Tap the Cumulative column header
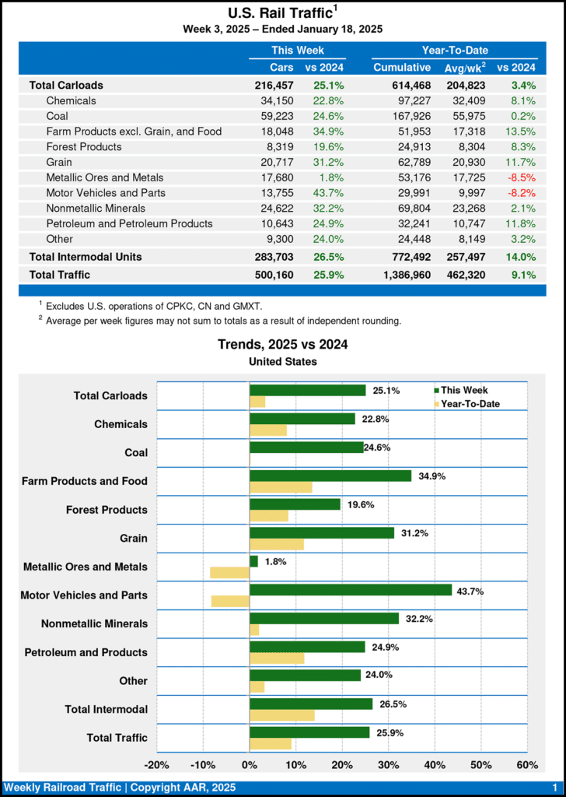(402, 68)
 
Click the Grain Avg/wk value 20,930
(464, 162)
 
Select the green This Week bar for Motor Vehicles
(351, 590)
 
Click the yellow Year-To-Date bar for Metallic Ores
(229, 573)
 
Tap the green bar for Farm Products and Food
(330, 476)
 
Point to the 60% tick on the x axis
(527, 764)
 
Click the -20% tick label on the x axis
(157, 764)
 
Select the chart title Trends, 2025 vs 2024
(282, 345)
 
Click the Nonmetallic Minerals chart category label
(94, 624)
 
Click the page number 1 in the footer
(554, 788)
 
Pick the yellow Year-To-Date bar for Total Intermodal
(282, 715)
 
